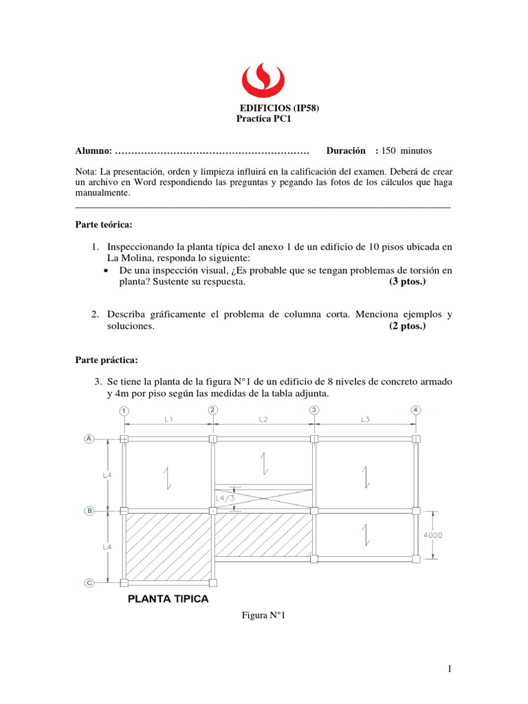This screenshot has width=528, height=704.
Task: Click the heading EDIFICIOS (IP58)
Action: [279, 108]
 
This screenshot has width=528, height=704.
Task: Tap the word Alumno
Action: [93, 151]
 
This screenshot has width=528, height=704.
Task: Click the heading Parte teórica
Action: [103, 225]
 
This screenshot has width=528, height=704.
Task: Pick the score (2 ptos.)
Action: [407, 327]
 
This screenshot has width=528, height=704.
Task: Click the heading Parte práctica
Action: [106, 360]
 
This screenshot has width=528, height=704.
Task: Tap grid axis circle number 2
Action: [213, 410]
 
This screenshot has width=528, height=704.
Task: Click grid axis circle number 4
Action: [415, 410]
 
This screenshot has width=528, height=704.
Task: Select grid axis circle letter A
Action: [89, 439]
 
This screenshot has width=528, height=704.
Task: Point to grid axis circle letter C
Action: [89, 583]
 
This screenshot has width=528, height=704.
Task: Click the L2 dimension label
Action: [263, 418]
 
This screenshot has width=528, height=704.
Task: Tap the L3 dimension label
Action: [364, 418]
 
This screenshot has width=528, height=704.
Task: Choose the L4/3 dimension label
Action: [225, 498]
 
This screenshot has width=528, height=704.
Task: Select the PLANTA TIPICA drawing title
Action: [168, 599]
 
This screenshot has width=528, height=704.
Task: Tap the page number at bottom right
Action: [448, 668]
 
